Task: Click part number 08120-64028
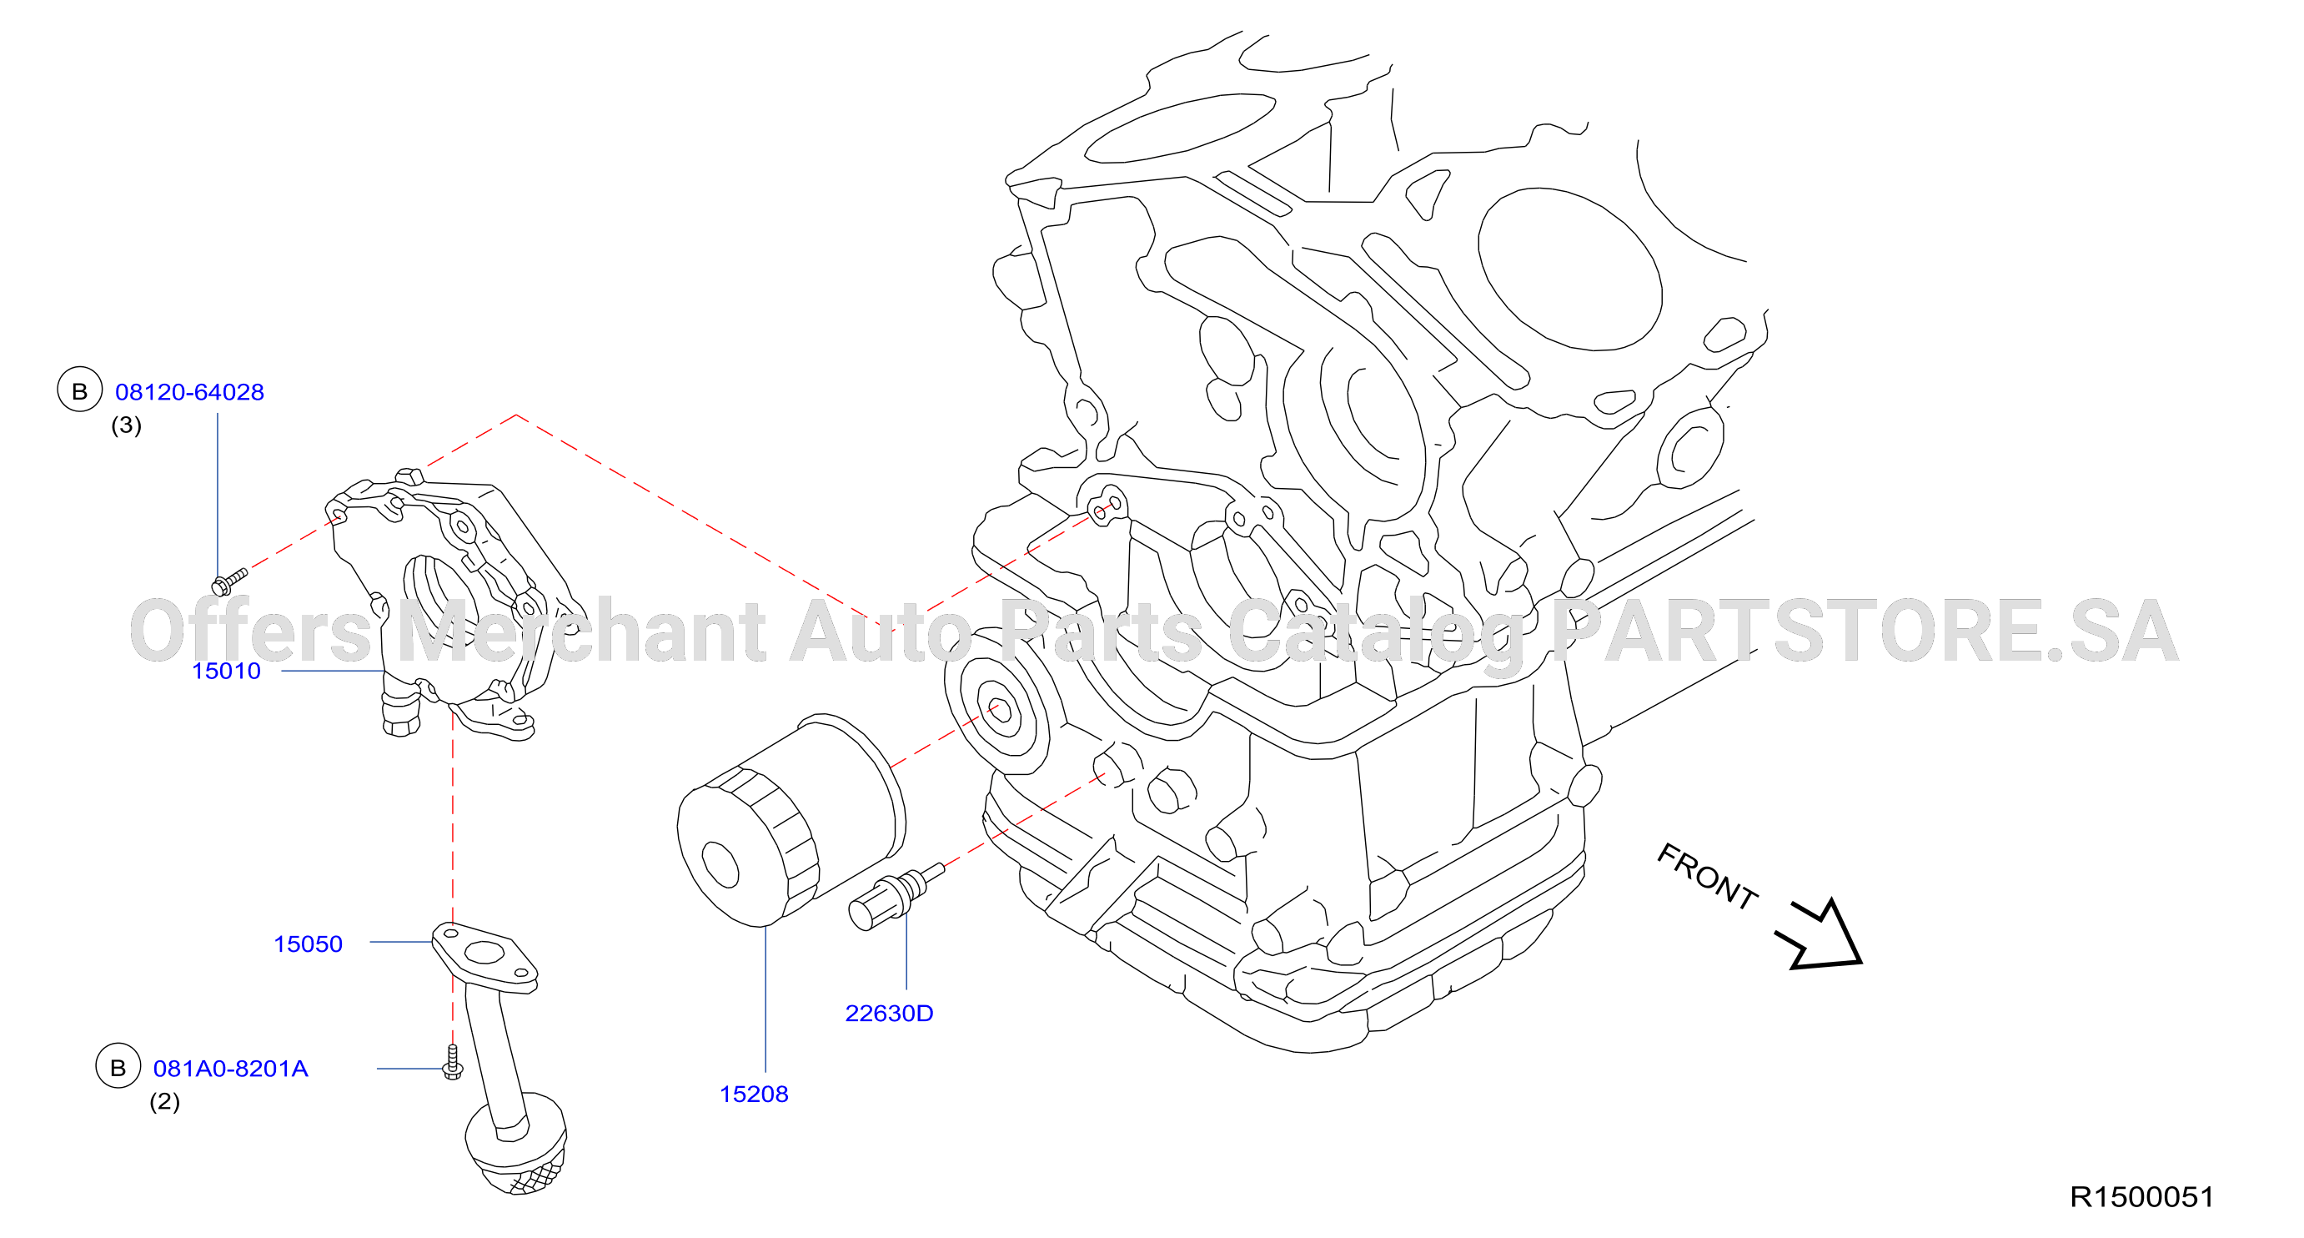tap(189, 392)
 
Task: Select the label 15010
tap(226, 671)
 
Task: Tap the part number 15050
tap(308, 944)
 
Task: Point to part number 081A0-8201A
tap(231, 1068)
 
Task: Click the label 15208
tap(754, 1094)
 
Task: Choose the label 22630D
tap(889, 1014)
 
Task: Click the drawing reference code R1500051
tap(2142, 1197)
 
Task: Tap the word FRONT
tap(1707, 877)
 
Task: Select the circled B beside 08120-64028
tap(79, 390)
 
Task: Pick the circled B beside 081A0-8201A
tap(118, 1066)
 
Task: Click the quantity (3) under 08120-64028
tap(126, 425)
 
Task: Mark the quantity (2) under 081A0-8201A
tap(164, 1101)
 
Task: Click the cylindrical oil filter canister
tap(791, 819)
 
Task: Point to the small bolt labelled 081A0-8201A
tap(453, 1062)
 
